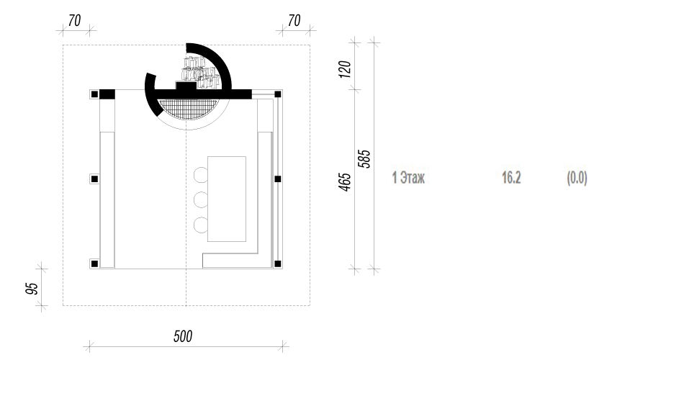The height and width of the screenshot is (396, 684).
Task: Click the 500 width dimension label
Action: (x=183, y=336)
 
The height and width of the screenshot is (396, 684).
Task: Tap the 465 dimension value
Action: (x=345, y=182)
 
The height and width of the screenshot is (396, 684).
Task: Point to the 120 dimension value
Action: (x=345, y=69)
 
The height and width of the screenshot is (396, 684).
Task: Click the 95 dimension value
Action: (x=32, y=288)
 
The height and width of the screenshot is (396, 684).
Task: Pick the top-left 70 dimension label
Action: (x=75, y=20)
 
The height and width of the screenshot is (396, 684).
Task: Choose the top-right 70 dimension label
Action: (x=294, y=20)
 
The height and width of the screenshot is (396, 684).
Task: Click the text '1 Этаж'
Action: (x=408, y=178)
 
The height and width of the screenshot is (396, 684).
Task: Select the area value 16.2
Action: (x=511, y=178)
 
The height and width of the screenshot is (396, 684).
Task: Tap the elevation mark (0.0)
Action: (x=577, y=178)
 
